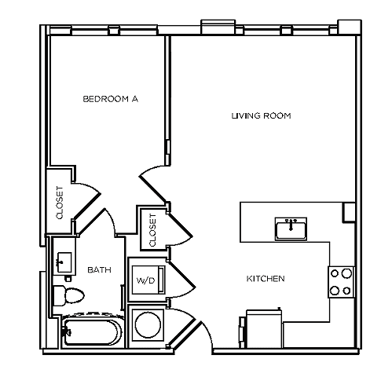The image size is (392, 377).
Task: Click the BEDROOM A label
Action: coord(111,99)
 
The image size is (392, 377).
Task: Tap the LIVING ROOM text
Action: coord(262,116)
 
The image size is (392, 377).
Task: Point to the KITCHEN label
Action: coord(266,279)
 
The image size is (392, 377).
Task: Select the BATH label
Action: coord(99,270)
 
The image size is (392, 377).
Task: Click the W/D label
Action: coord(145,280)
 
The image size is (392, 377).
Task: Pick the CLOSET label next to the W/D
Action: coord(152,226)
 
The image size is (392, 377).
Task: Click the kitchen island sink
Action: coord(291,229)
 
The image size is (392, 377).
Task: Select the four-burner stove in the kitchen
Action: coord(340,282)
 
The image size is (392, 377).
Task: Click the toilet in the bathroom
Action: coord(69,295)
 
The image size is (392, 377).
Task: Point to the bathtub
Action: coord(90,333)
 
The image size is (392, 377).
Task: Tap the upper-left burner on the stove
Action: coord(335,274)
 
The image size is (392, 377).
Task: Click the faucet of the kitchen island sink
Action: coord(291,223)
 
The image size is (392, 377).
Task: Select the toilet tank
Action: coord(58,295)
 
